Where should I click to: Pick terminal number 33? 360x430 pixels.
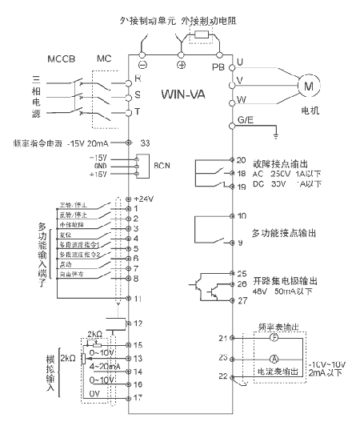click(x=145, y=143)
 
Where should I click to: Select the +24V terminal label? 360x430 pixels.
click(x=146, y=199)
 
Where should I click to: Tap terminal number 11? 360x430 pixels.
click(x=137, y=298)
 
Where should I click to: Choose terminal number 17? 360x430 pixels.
click(x=137, y=396)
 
